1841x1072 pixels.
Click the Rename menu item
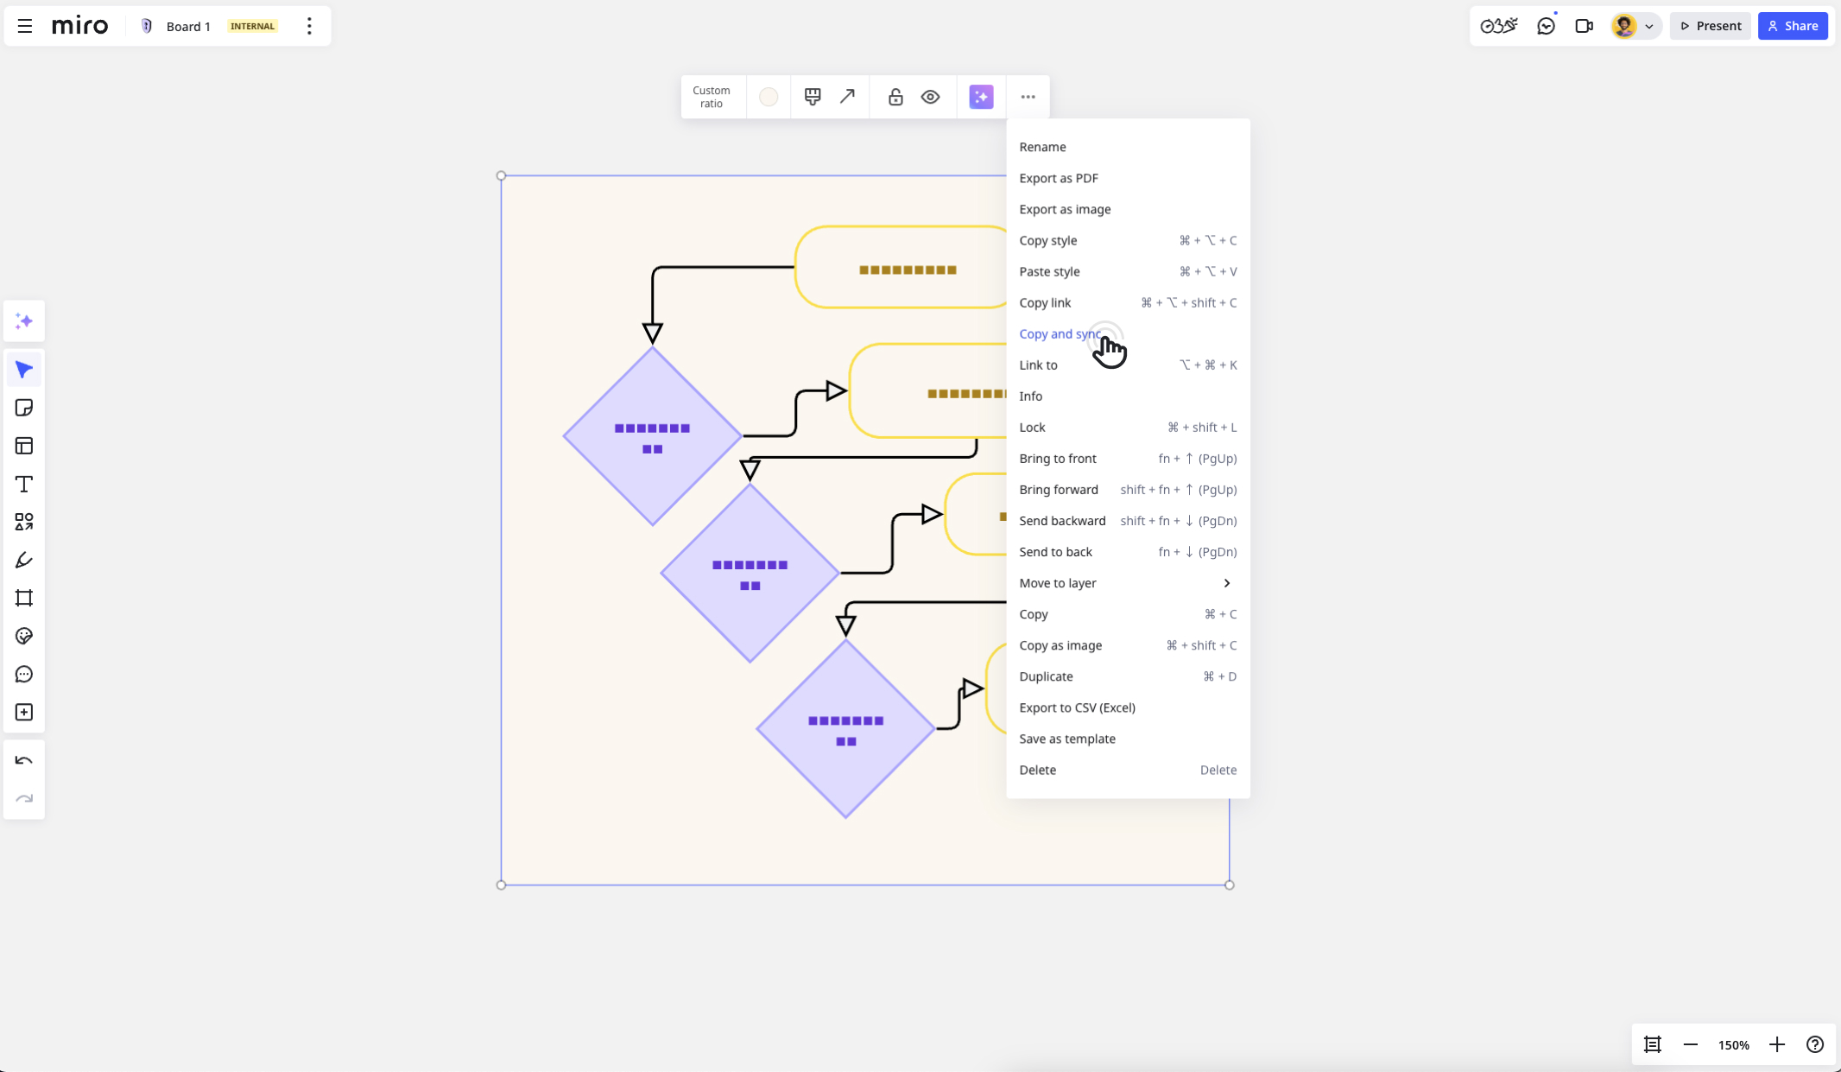click(1042, 147)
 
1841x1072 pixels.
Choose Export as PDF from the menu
click(1059, 178)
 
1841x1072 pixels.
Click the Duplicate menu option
click(1046, 676)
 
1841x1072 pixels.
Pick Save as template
click(1067, 739)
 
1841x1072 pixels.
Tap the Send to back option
click(1055, 552)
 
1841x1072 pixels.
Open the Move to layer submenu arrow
click(1226, 583)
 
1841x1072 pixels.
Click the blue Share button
click(1793, 26)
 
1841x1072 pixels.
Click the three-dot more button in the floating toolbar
click(1028, 97)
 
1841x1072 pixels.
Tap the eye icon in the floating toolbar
click(930, 97)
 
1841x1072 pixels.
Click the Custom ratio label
click(712, 97)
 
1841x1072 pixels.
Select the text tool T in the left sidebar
click(24, 484)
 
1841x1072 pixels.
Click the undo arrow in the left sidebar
click(24, 761)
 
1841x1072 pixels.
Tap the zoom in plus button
click(1776, 1044)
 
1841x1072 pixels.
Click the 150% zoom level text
click(1733, 1045)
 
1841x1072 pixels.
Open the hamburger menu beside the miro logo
click(25, 26)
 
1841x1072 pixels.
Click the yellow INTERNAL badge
click(253, 26)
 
